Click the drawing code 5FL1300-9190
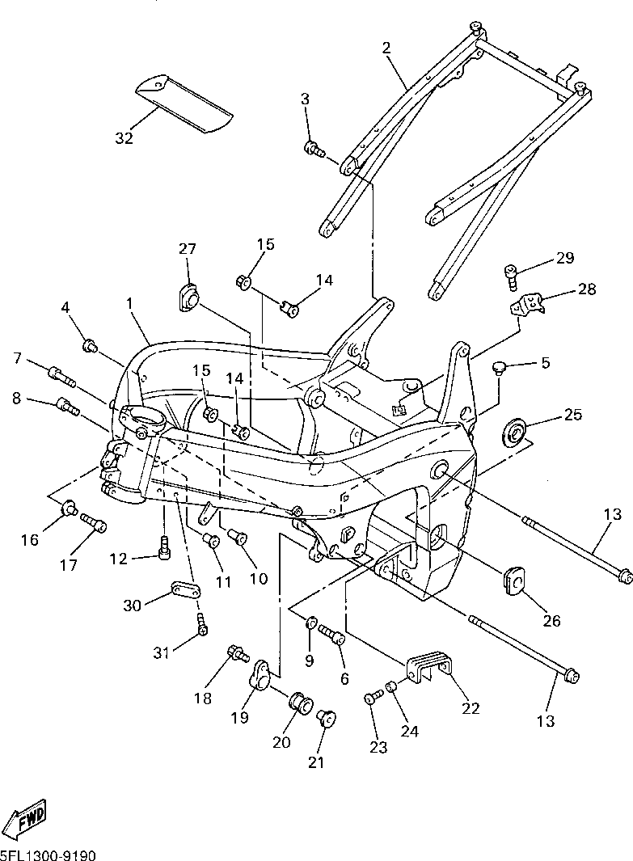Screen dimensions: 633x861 pos(49,855)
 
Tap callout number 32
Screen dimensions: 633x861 pos(124,138)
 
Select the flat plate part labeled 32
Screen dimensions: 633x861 pos(184,103)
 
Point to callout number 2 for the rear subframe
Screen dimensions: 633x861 pos(386,48)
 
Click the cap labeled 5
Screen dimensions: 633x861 pos(499,367)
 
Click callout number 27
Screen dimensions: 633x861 pos(188,249)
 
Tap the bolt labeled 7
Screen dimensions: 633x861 pos(62,376)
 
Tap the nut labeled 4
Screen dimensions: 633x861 pos(90,347)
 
